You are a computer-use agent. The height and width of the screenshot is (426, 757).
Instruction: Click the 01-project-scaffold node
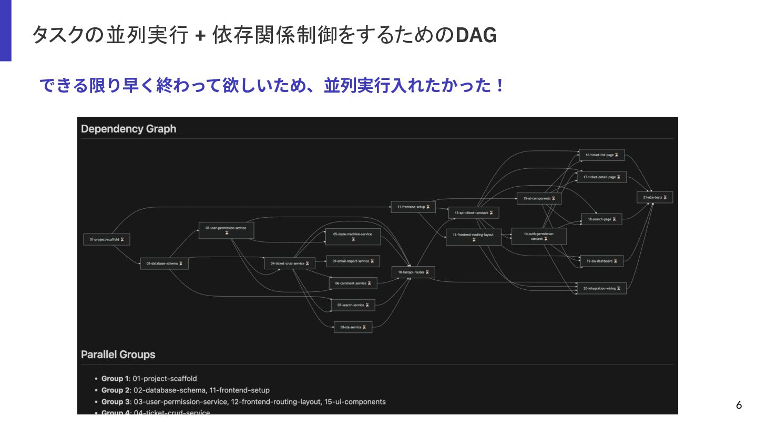[x=107, y=239]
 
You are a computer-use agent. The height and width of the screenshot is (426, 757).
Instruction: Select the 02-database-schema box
[x=164, y=263]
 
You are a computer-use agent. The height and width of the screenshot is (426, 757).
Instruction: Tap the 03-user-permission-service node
[x=226, y=230]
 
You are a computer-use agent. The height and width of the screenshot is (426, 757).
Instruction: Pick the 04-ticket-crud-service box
[x=290, y=263]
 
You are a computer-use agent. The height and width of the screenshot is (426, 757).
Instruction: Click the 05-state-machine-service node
[x=353, y=236]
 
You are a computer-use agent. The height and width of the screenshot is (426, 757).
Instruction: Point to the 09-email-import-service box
[x=353, y=261]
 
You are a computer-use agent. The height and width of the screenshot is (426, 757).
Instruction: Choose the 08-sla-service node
[x=353, y=327]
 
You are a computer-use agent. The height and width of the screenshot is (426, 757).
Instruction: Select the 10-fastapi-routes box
[x=413, y=272]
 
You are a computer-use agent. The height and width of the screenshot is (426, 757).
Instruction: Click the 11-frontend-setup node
[x=413, y=207]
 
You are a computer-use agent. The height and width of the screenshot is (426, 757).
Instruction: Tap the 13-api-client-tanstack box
[x=474, y=212]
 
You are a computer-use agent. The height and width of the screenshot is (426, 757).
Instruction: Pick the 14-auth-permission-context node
[x=539, y=236]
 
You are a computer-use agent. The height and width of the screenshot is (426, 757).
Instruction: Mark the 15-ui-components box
[x=539, y=198]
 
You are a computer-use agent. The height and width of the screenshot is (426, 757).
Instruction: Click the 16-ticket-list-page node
[x=601, y=155]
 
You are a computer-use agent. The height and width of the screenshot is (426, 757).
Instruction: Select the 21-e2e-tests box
[x=654, y=197]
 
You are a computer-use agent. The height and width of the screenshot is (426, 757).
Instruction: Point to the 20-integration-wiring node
[x=601, y=288]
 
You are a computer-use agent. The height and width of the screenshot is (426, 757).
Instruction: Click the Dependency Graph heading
[x=129, y=129]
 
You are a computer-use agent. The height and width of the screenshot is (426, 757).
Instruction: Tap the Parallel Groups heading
[x=118, y=354]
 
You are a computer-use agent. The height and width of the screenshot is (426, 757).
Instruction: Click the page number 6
[x=739, y=405]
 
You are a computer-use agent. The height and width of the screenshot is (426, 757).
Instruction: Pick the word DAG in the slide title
[x=476, y=36]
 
